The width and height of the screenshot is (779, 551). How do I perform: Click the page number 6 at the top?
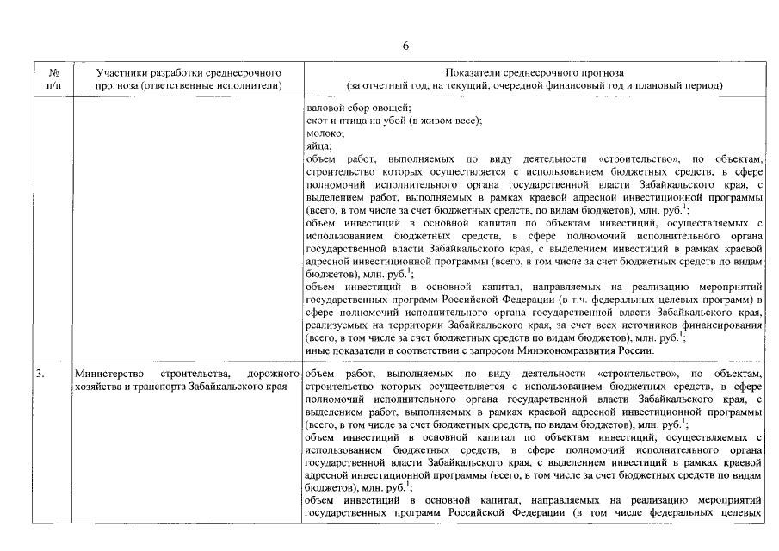(405, 46)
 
